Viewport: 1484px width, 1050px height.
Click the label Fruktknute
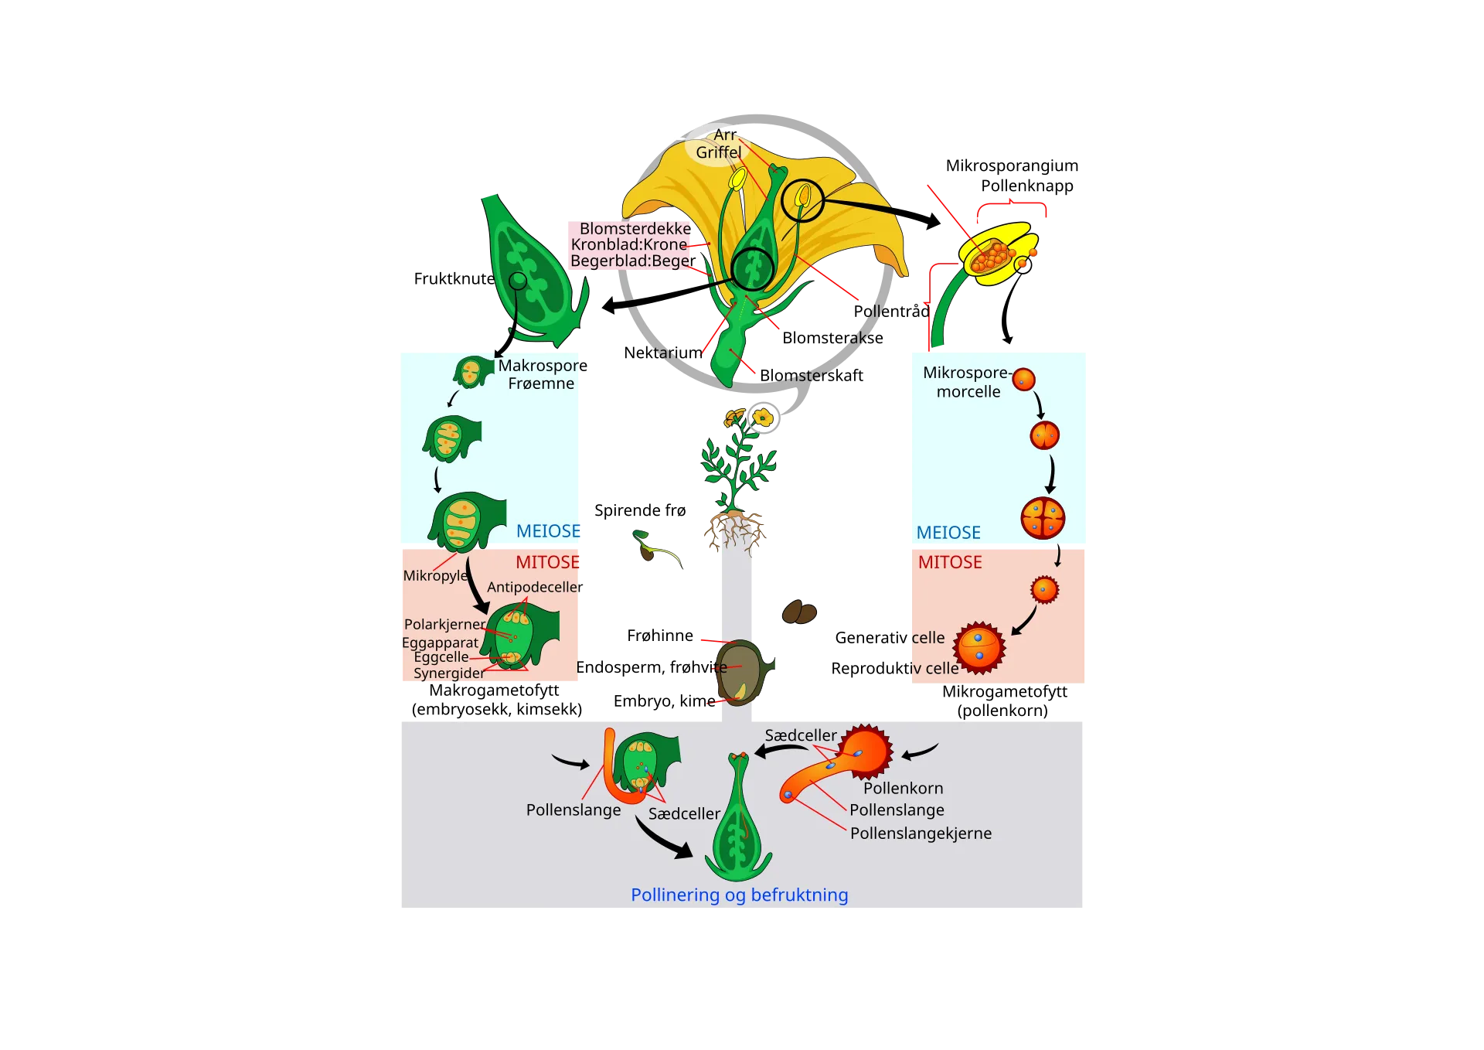tap(454, 278)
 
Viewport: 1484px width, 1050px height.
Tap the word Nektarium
tap(663, 353)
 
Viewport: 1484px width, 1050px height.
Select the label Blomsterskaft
tap(812, 375)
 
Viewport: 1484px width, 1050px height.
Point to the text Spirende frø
tap(640, 510)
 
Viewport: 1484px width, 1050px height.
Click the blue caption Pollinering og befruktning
tap(740, 895)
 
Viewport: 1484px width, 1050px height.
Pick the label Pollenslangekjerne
tap(921, 833)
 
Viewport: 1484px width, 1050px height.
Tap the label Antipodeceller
tap(535, 587)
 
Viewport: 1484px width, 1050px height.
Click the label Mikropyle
tap(435, 575)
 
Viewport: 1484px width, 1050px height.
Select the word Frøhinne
tap(660, 636)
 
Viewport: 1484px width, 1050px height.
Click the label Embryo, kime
tap(665, 701)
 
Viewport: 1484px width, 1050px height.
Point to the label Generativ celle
tap(890, 638)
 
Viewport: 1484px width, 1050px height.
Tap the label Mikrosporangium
tap(1012, 165)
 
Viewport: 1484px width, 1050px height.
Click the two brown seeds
tap(799, 612)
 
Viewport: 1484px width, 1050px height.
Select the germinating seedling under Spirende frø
tap(656, 548)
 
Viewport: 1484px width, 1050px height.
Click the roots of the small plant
tap(734, 532)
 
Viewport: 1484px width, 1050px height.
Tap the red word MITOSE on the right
tap(950, 562)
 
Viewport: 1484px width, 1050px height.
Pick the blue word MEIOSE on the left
tap(548, 531)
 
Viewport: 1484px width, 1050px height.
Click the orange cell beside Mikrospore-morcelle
tap(1023, 380)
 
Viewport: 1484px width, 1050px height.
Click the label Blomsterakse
tap(832, 338)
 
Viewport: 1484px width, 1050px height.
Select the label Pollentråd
tap(891, 311)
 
